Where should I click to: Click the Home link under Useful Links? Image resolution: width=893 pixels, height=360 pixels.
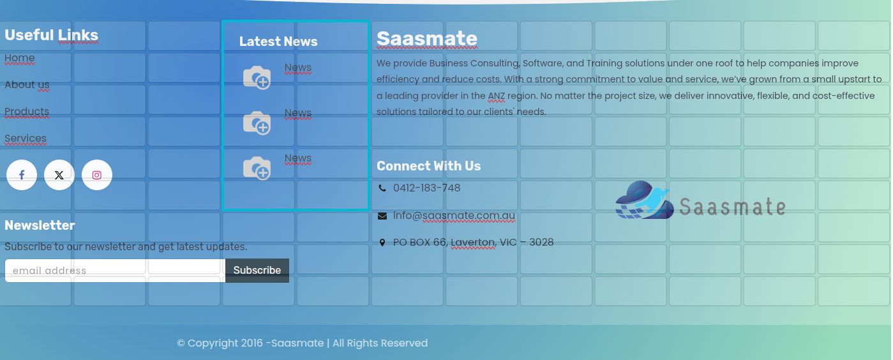[x=20, y=58]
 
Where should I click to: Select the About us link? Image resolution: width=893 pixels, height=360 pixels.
[x=27, y=85]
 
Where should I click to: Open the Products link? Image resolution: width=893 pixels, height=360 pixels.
[x=27, y=112]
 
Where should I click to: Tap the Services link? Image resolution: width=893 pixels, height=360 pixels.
[x=26, y=139]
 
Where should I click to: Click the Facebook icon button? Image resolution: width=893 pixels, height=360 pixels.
[x=22, y=175]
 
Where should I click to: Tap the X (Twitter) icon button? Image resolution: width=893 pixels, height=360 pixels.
[x=59, y=175]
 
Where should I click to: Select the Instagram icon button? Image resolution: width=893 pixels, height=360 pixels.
[x=97, y=175]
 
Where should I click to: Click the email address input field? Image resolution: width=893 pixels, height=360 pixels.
[x=115, y=271]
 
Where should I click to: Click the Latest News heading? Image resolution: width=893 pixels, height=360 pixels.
[x=278, y=41]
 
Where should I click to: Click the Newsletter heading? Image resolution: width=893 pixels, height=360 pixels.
[x=40, y=225]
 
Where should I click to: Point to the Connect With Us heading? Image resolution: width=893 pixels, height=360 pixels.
[x=428, y=166]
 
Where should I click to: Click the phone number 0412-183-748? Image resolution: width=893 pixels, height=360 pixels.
[x=426, y=188]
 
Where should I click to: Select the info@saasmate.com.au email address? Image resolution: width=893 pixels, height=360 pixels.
[x=454, y=215]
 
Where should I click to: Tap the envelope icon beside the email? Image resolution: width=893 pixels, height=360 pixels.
[x=382, y=216]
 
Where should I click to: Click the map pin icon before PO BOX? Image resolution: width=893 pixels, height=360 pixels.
[x=382, y=243]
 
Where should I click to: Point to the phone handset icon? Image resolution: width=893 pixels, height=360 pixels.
[x=382, y=188]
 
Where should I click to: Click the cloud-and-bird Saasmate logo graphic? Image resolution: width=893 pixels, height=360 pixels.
[x=644, y=200]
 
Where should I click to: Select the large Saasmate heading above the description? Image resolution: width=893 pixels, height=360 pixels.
[x=427, y=39]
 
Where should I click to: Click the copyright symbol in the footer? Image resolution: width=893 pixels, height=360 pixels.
[x=181, y=343]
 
